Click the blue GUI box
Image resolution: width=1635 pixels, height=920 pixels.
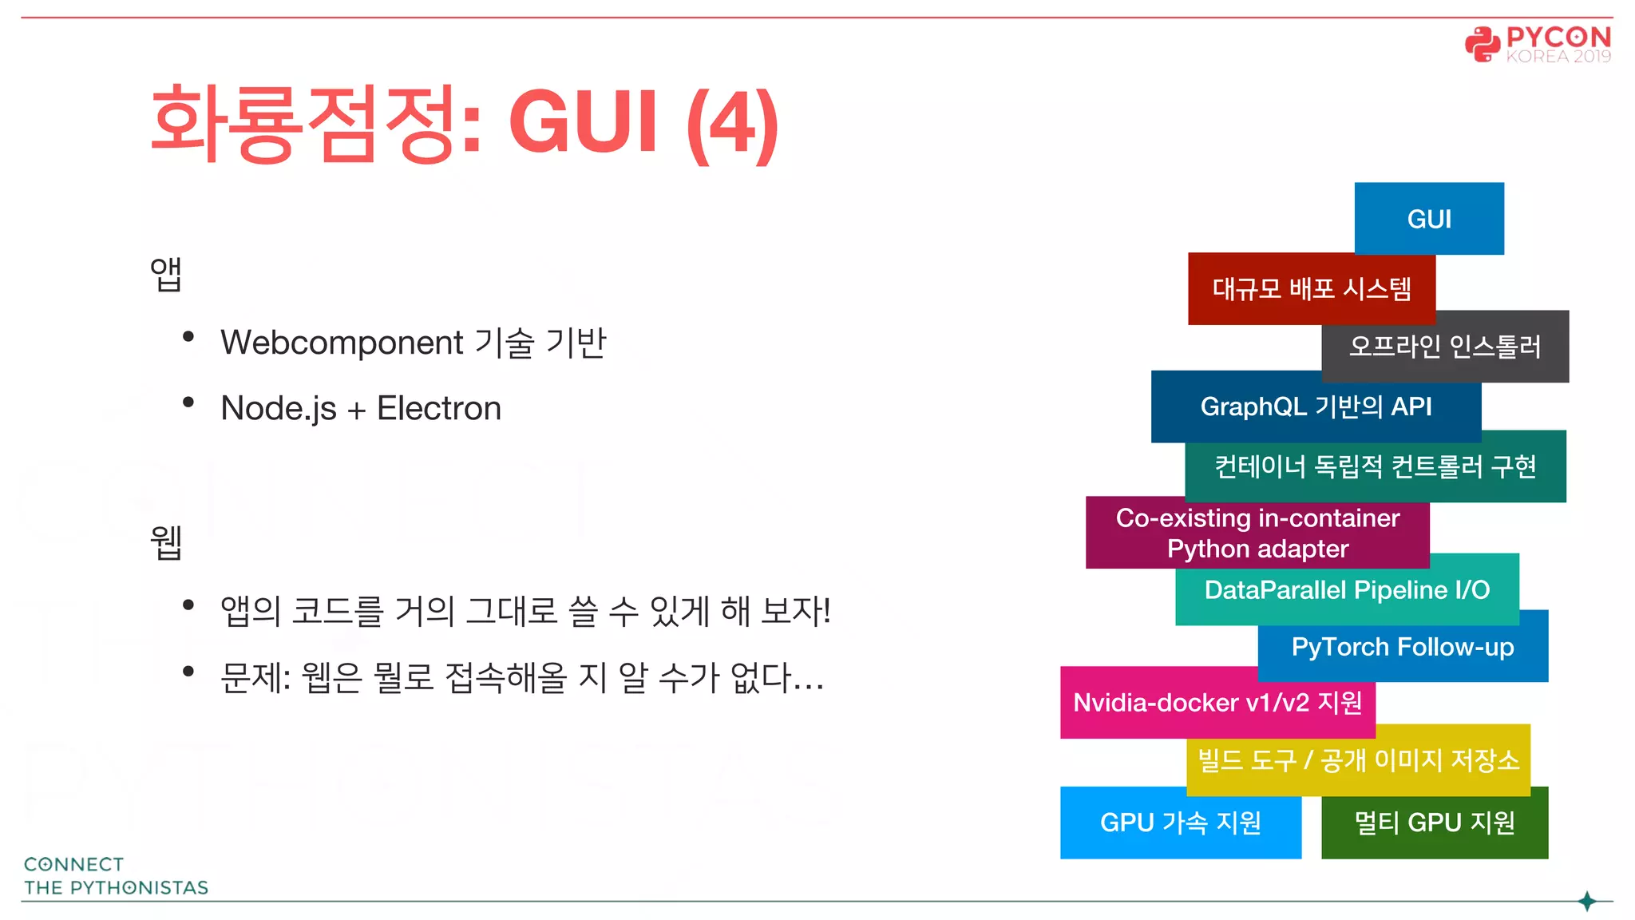[x=1428, y=218]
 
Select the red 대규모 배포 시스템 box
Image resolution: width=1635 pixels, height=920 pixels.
[x=1311, y=288]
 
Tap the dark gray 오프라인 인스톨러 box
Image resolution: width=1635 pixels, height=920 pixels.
[x=1445, y=347]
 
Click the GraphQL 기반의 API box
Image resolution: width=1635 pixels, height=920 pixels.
[x=1316, y=406]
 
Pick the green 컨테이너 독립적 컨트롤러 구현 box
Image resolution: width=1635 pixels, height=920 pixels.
[x=1375, y=466]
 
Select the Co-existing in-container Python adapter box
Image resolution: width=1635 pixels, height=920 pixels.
[x=1257, y=533]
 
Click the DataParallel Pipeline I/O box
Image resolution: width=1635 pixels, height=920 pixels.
[x=1347, y=589]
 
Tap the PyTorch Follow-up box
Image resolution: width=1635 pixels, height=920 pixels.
[x=1402, y=646]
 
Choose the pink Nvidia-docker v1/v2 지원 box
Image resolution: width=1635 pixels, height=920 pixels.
[x=1217, y=702]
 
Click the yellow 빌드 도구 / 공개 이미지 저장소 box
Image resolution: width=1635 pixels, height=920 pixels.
[x=1358, y=759]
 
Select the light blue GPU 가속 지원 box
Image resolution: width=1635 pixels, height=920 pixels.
[x=1180, y=823]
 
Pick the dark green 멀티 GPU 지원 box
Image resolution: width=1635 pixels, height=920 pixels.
[x=1434, y=823]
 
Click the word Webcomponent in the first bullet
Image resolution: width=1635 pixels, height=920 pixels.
[x=342, y=343]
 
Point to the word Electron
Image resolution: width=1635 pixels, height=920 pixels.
[x=439, y=408]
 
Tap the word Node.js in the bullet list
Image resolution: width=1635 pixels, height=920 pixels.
[x=279, y=408]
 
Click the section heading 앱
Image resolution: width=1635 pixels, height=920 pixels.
[x=166, y=274]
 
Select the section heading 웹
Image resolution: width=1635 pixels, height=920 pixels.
[x=166, y=542]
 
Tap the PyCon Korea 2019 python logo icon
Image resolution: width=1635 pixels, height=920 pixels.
[x=1482, y=45]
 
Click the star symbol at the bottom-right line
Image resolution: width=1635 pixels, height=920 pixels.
[x=1587, y=902]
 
